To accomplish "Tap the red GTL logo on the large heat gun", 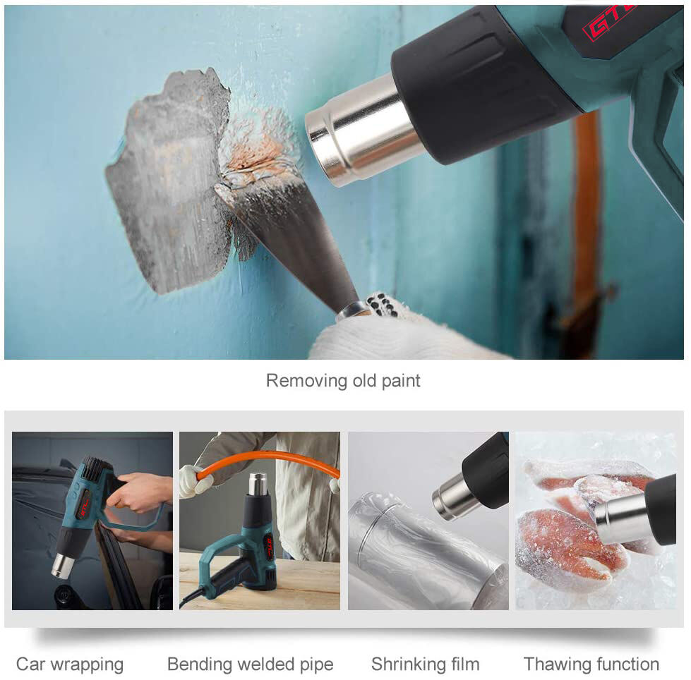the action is (x=611, y=20).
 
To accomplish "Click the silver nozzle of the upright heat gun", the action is (x=258, y=484).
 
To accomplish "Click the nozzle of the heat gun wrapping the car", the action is (x=62, y=566).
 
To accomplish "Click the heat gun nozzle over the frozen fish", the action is (x=622, y=518).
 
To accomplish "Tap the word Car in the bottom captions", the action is (x=30, y=664).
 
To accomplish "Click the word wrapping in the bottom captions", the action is (x=87, y=665).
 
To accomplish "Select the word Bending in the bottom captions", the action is (x=199, y=665).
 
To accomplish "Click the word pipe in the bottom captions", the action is (x=316, y=665).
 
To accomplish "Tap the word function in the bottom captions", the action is (x=626, y=664).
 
